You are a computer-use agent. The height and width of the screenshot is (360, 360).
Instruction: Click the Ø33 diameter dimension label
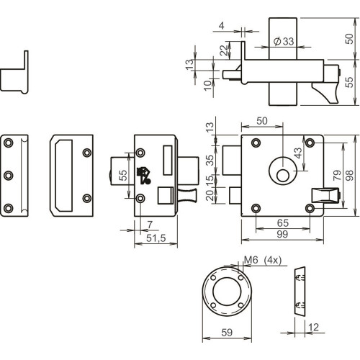coord(284,41)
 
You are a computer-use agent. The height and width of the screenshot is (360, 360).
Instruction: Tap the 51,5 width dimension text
coord(156,238)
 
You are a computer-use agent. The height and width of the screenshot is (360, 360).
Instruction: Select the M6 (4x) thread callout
coord(263,260)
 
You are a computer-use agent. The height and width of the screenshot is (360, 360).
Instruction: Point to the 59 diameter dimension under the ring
coord(227,333)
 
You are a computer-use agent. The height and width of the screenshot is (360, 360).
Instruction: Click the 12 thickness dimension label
coord(313,327)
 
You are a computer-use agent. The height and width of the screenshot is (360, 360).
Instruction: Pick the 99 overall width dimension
coord(282,234)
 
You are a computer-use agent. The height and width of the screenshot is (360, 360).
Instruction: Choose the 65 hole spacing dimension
coord(283,223)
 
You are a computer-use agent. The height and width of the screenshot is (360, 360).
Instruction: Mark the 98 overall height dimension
coord(350,175)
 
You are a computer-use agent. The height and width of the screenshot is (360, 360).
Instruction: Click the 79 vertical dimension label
coord(337,175)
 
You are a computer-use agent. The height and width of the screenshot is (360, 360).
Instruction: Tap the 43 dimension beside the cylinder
coord(297,153)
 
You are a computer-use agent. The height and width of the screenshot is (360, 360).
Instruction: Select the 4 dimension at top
coord(222,26)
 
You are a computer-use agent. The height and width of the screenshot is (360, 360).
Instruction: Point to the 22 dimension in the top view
coord(224,50)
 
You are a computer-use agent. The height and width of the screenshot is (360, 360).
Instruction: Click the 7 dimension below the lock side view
coord(150,225)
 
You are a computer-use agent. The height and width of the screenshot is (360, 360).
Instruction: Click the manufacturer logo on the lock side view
coord(144,176)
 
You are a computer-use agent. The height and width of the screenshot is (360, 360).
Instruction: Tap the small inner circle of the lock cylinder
coord(283,176)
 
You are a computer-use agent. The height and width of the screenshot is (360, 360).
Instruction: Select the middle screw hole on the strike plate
coord(9,176)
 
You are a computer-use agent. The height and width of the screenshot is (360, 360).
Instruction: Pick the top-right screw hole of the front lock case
coord(310,143)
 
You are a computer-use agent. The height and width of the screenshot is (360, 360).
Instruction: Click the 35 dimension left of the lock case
coord(210,160)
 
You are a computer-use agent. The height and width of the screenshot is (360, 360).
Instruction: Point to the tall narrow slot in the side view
coord(168,160)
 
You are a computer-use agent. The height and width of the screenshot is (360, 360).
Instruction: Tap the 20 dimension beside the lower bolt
coord(210,195)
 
